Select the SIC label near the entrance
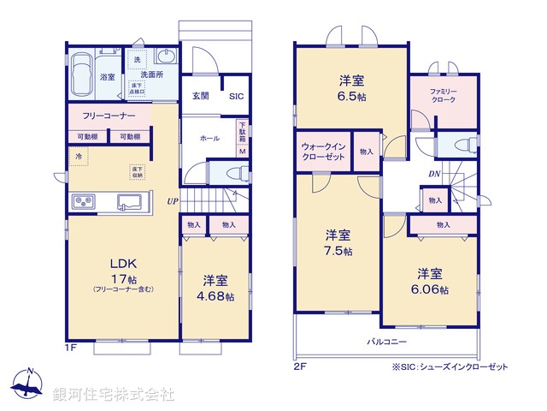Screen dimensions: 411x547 pos(235,97)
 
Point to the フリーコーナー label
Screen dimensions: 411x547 pos(108,115)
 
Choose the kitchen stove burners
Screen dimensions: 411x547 pos(85,202)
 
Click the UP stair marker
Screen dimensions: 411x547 pos(173,201)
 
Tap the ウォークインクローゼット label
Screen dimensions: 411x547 pos(323,152)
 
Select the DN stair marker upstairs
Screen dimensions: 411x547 pos(435,174)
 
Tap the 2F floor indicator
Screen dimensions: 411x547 pos(298,366)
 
